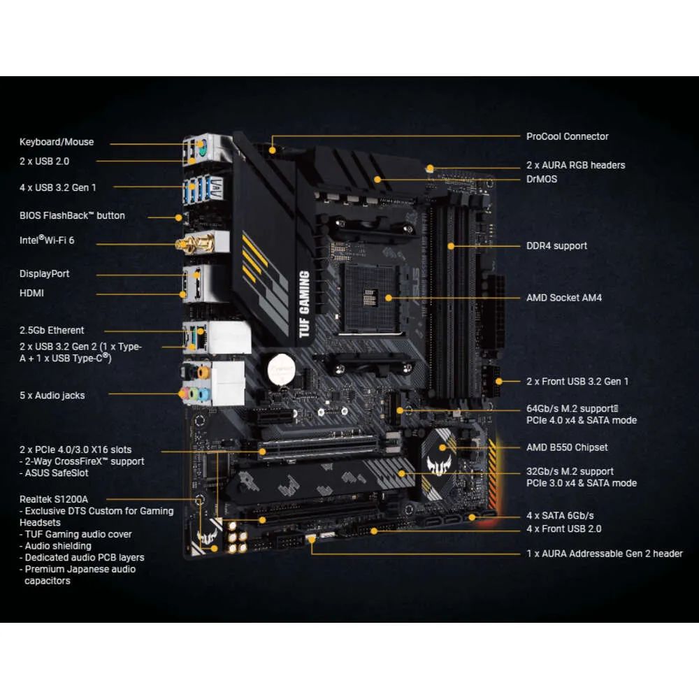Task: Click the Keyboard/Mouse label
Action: click(57, 142)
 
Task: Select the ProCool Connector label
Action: click(567, 136)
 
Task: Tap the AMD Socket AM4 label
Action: click(563, 298)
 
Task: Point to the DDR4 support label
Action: click(556, 246)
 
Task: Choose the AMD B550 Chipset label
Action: click(567, 447)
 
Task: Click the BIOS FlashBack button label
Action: click(72, 215)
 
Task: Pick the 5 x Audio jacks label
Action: click(52, 396)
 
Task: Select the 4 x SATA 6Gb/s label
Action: click(560, 516)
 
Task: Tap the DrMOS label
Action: click(542, 179)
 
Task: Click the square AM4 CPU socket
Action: click(368, 294)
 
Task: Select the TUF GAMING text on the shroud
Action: click(304, 303)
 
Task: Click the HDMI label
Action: click(31, 293)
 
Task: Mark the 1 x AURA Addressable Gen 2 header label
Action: click(604, 554)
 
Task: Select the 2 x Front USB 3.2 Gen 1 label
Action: click(577, 382)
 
